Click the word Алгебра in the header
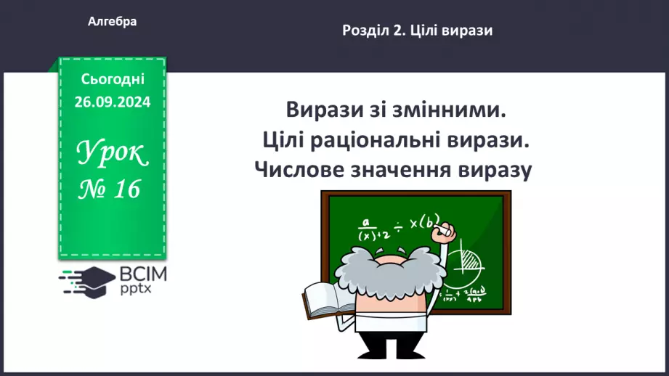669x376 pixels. (x=112, y=22)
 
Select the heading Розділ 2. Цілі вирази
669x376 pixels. (x=417, y=30)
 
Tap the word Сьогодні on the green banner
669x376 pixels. (x=113, y=78)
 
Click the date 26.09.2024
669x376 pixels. (x=113, y=102)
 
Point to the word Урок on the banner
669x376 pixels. (x=113, y=154)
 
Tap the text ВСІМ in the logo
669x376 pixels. (x=142, y=274)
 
